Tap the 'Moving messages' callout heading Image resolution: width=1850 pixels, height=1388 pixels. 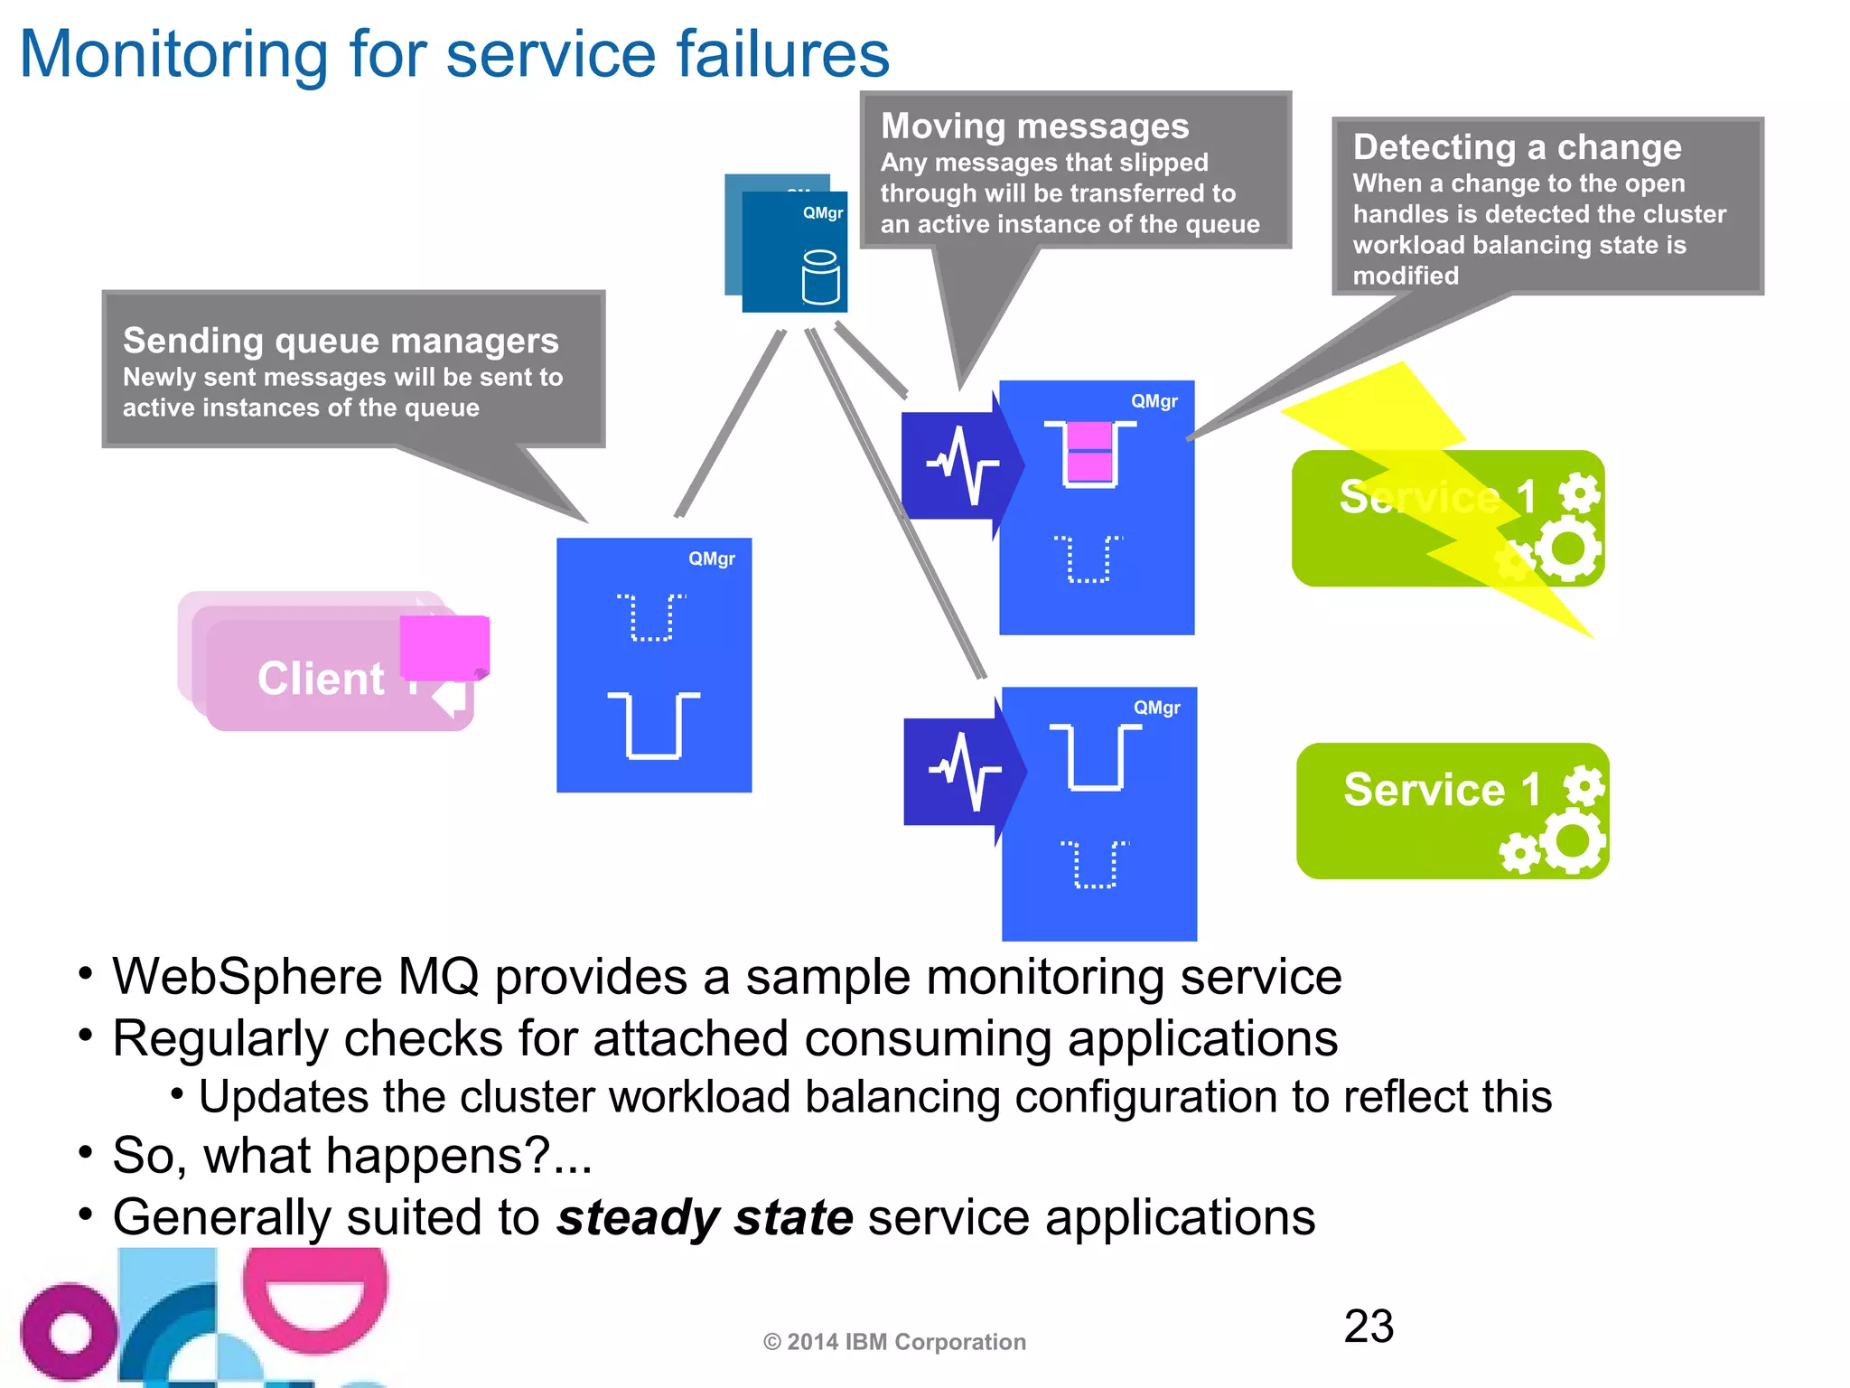[1034, 127]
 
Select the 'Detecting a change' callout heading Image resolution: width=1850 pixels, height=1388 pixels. [1517, 147]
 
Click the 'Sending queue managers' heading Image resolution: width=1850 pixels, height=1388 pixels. [341, 341]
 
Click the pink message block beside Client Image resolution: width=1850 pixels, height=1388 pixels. [444, 647]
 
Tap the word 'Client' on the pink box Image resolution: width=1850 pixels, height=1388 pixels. [321, 679]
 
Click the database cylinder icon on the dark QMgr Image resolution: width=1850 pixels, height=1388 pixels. [820, 277]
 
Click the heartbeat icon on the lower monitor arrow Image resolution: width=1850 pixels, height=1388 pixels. [964, 771]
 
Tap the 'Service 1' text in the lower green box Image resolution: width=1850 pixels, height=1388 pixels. [1442, 790]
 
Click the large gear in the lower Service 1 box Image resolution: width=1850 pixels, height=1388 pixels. [1573, 840]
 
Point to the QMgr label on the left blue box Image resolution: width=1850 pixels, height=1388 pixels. [711, 558]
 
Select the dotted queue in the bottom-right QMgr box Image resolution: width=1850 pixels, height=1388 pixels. [1094, 865]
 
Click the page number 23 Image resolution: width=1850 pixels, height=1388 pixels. [1368, 1327]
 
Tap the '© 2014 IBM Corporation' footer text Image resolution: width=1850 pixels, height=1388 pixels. [894, 1342]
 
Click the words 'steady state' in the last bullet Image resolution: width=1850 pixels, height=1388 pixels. [705, 1217]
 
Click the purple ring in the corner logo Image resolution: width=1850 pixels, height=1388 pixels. [69, 1332]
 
